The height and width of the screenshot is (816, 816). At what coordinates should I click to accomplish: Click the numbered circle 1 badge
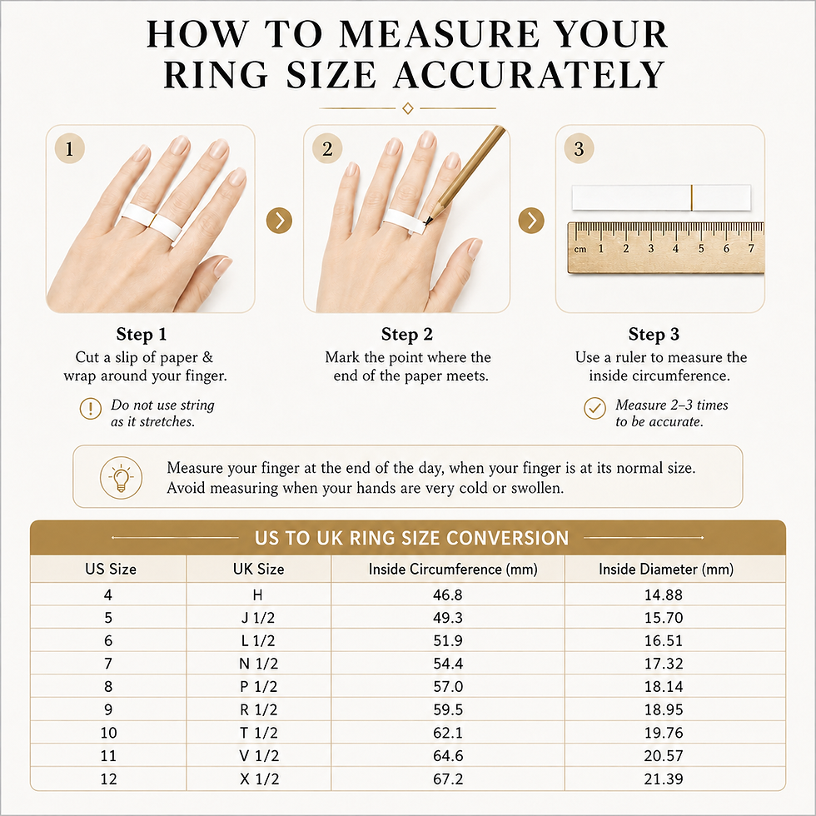[69, 149]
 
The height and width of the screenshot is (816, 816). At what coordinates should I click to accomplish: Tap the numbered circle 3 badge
[579, 149]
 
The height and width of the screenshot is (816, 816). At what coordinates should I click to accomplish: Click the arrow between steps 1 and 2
[279, 220]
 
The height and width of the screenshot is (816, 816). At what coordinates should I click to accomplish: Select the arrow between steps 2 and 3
[531, 220]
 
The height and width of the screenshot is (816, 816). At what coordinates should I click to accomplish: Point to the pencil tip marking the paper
[425, 224]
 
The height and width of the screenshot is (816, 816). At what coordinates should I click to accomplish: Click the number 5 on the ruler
[701, 249]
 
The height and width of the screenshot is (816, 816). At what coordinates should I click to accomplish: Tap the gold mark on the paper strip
[692, 198]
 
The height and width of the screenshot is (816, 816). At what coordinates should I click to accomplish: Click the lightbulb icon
[121, 477]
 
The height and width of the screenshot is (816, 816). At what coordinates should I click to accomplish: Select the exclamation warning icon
[91, 409]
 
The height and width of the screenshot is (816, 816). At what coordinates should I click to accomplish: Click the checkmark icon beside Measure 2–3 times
[595, 409]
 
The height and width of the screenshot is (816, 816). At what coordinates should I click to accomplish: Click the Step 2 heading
[407, 334]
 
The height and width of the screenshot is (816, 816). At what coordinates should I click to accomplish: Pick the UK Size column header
[259, 569]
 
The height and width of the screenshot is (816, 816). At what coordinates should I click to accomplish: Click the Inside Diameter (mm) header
[666, 569]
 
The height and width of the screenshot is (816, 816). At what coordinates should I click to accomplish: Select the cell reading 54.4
[448, 664]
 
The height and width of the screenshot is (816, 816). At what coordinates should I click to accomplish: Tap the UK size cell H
[257, 595]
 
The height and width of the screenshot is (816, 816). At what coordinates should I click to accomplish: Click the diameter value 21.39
[664, 779]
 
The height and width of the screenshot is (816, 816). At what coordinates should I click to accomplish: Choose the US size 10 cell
[109, 733]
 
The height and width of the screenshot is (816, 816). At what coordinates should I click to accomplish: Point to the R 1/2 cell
[259, 709]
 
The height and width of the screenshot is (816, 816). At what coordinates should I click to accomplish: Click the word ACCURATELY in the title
[530, 75]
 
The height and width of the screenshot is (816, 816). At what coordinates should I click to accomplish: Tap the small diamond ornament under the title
[408, 108]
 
